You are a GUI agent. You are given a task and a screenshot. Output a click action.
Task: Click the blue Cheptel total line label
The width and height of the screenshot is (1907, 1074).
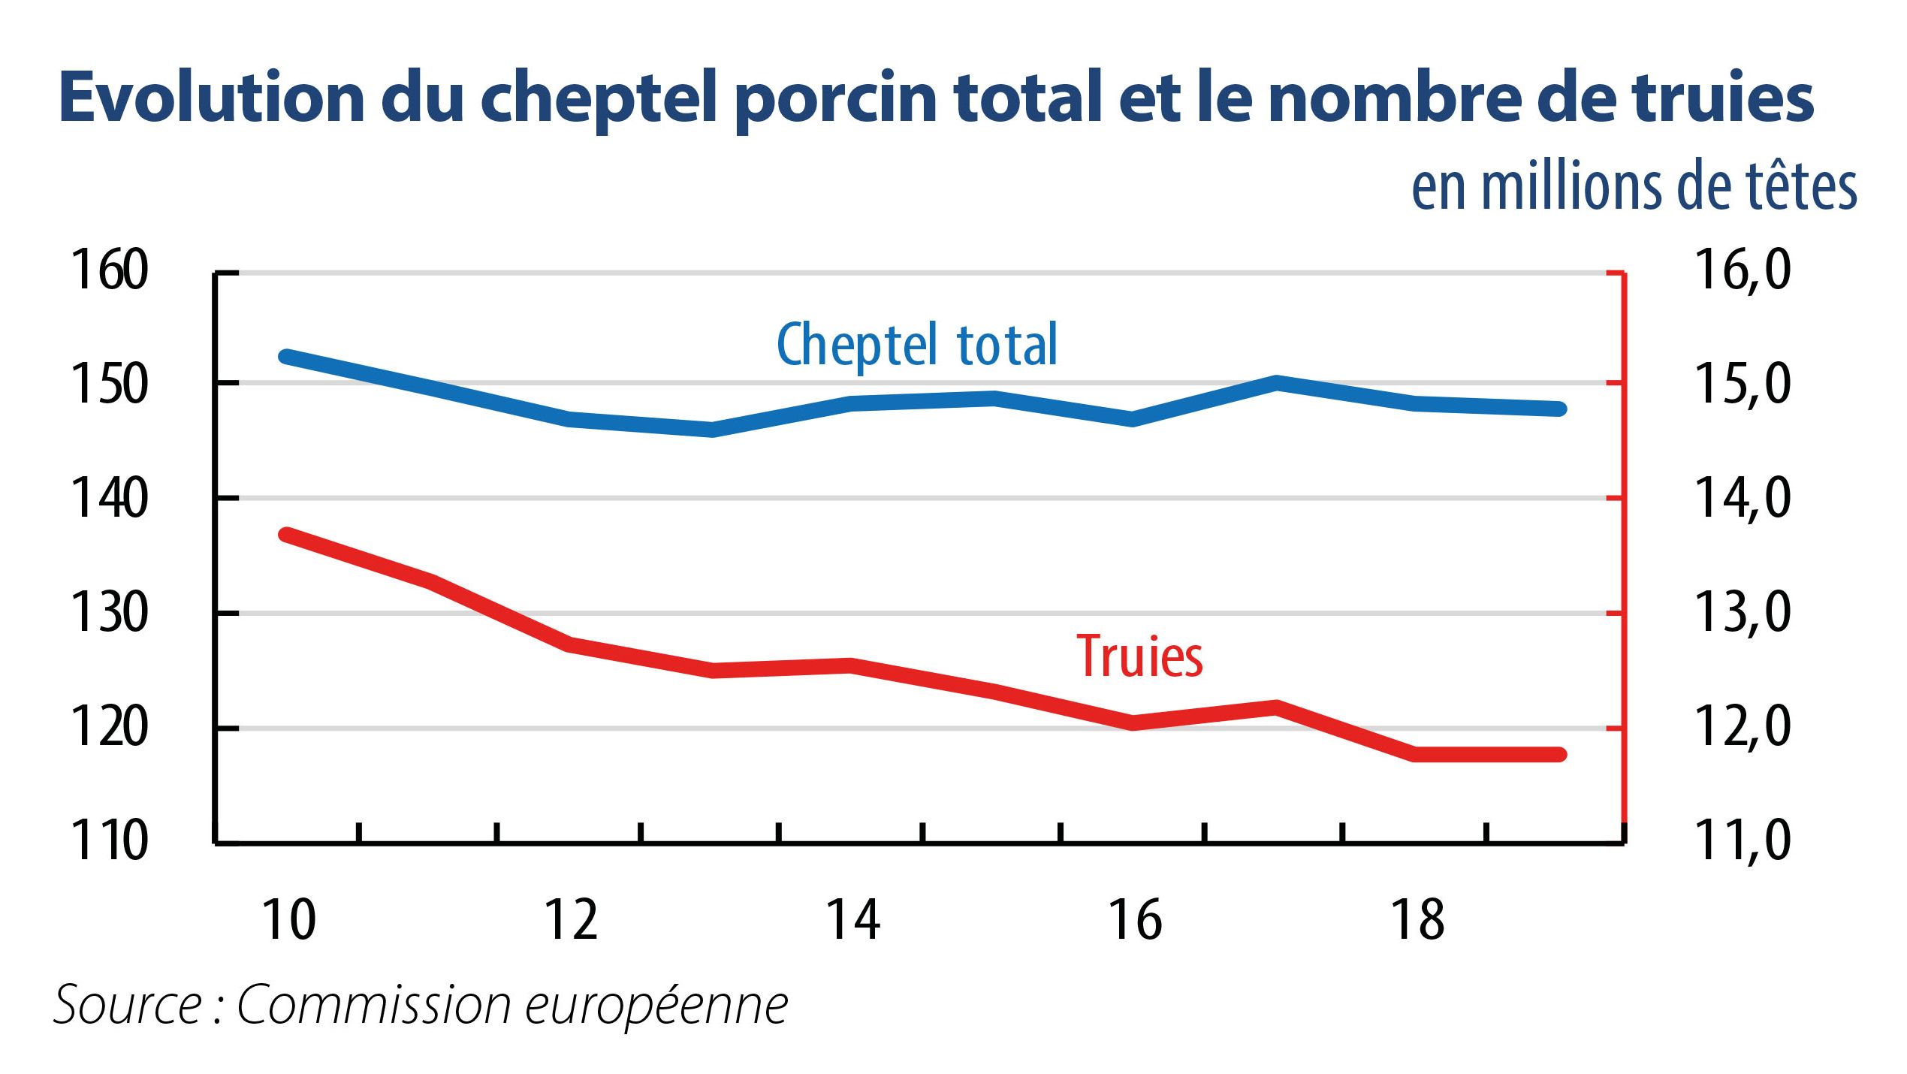(916, 345)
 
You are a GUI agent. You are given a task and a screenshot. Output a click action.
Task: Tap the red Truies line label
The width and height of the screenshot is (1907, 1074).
(1139, 656)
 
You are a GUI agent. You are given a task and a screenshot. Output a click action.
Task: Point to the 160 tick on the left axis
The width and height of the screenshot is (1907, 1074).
(109, 270)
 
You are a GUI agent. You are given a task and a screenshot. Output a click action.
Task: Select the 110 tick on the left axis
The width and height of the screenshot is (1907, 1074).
(109, 841)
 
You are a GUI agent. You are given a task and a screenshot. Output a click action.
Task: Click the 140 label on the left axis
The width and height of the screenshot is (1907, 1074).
(109, 499)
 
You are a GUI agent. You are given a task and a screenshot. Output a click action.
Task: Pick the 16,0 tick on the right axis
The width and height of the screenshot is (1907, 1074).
(1743, 270)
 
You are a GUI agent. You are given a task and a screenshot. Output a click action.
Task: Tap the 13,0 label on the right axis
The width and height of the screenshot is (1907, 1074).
(1743, 612)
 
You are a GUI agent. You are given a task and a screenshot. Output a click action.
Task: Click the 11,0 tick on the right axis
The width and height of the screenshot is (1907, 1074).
(1743, 840)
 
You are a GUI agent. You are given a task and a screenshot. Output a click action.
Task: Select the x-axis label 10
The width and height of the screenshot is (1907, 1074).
(288, 921)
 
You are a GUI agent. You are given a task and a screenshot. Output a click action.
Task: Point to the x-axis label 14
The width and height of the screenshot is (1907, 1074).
(852, 921)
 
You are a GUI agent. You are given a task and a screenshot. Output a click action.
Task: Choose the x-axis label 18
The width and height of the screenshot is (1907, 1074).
(1417, 921)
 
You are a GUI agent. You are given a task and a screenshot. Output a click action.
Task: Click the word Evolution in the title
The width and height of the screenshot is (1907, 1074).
(212, 98)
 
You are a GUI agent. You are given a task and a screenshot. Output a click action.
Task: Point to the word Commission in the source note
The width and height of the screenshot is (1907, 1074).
(373, 1005)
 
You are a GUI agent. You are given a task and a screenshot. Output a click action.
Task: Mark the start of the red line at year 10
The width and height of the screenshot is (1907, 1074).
(286, 535)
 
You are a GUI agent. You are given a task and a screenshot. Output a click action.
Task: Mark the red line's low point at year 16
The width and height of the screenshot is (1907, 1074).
(1133, 723)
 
